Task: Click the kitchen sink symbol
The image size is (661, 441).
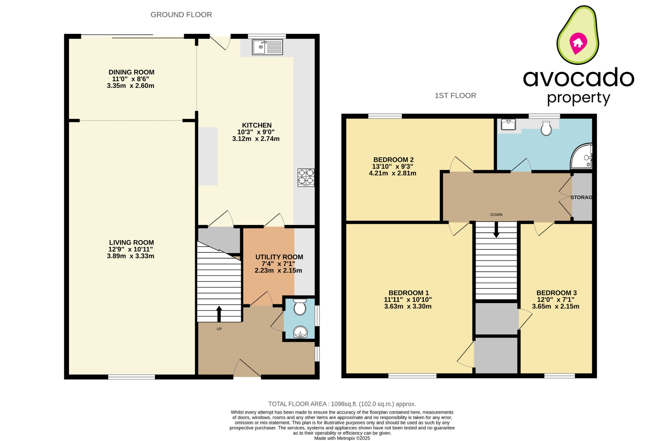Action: click(267, 47)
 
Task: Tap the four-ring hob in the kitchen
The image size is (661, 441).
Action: click(306, 178)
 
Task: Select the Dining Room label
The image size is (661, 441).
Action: click(131, 72)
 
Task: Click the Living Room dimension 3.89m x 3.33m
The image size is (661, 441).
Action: click(130, 256)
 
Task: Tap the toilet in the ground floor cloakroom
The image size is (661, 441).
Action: click(300, 307)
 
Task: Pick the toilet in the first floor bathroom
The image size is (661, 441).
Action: click(546, 128)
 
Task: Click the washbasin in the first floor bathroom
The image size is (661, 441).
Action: click(508, 124)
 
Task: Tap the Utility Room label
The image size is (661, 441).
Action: click(279, 257)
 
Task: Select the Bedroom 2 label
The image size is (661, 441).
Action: click(393, 160)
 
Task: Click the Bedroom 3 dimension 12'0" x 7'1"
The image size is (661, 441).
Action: click(555, 300)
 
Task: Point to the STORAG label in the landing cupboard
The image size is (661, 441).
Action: click(581, 197)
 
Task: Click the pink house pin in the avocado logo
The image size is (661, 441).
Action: click(578, 43)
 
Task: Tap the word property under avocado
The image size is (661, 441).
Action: click(578, 98)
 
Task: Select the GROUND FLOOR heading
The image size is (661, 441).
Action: click(181, 15)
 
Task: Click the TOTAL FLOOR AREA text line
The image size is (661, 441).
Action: click(342, 404)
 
